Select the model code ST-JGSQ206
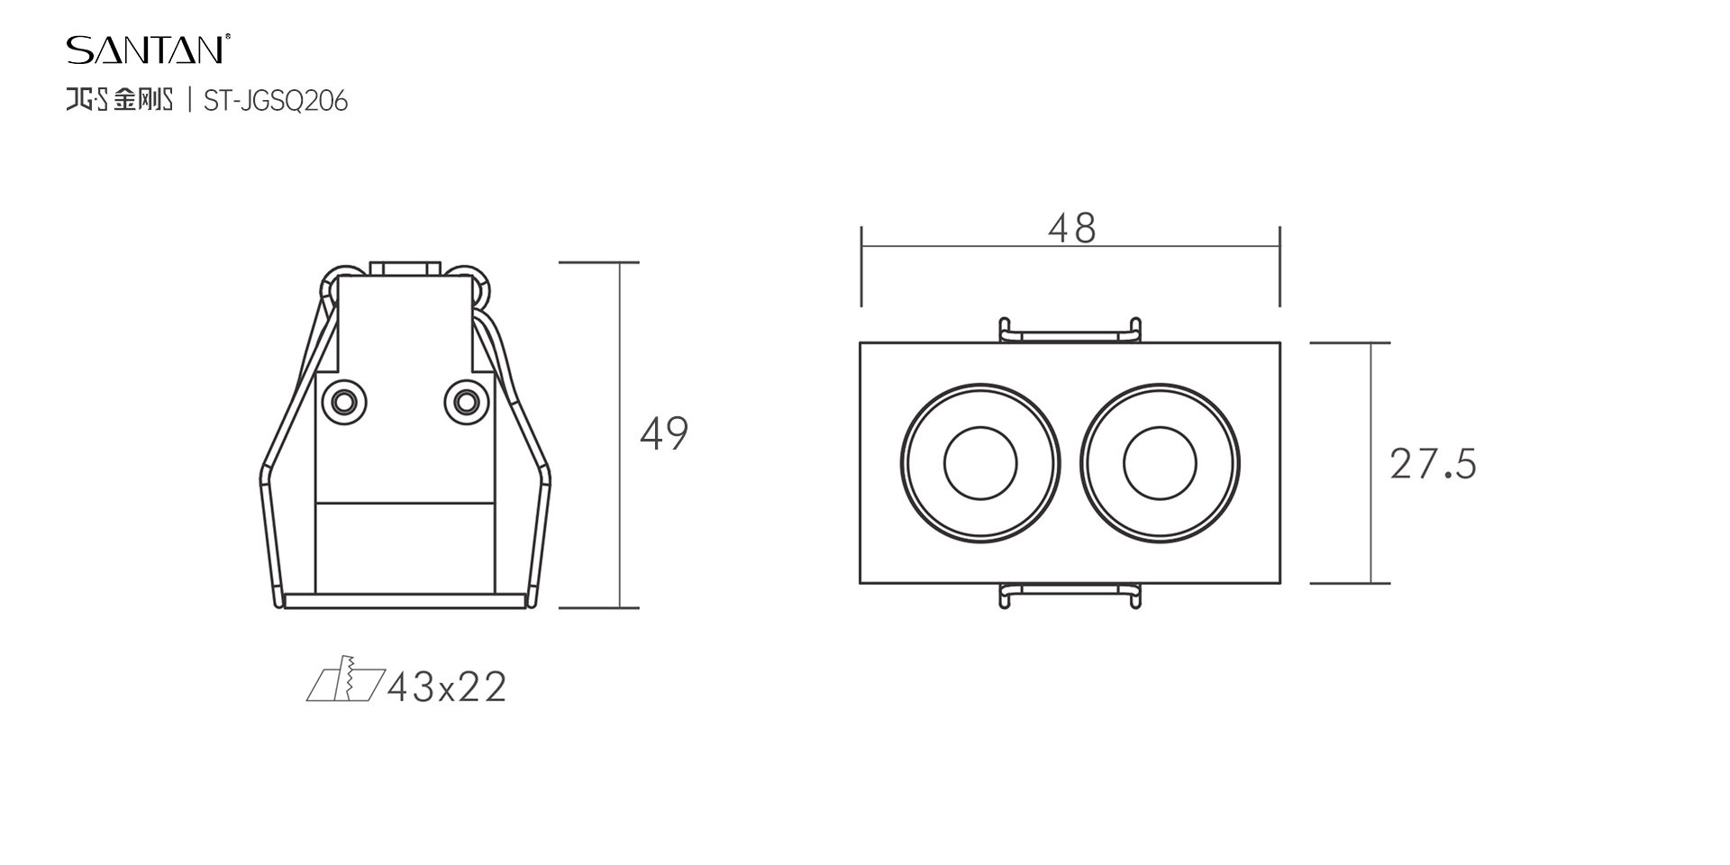coord(275,101)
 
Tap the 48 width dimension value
coord(1071,229)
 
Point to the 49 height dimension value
coord(664,433)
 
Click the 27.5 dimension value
coord(1433,464)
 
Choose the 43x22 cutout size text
coord(447,687)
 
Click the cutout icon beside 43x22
coord(345,681)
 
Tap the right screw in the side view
coord(466,400)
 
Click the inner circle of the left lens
coord(980,464)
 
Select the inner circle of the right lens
coord(1160,464)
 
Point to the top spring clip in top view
coord(1070,332)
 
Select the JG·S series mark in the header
coord(87,100)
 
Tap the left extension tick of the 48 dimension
coord(861,266)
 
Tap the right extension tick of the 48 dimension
coord(1279,266)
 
